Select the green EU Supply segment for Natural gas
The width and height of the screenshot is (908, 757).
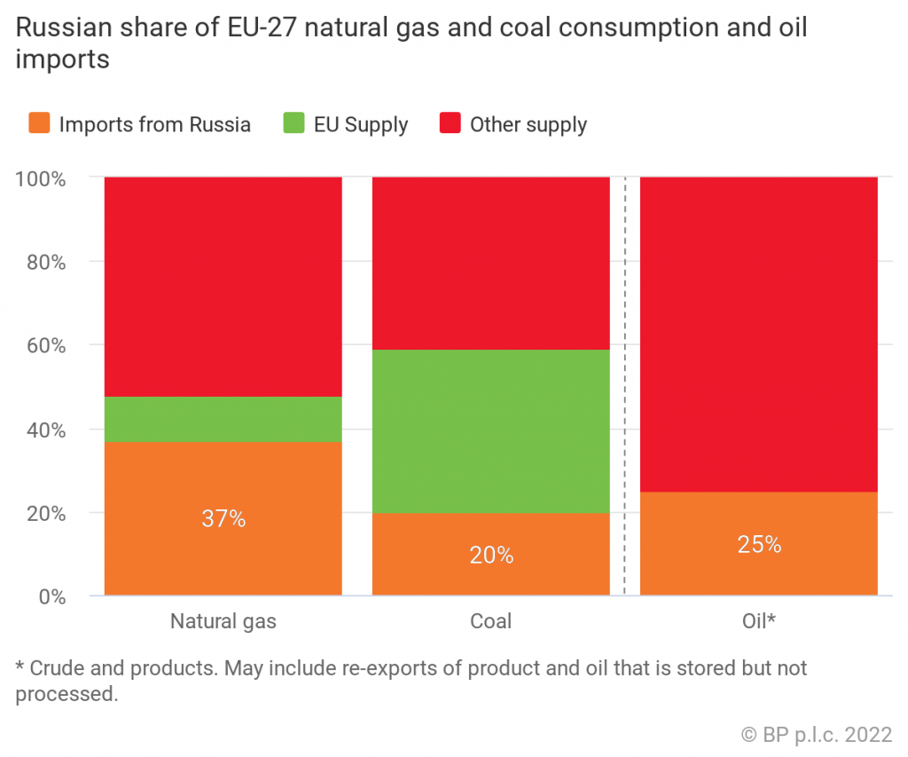coord(223,419)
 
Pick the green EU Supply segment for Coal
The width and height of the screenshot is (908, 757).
coord(490,430)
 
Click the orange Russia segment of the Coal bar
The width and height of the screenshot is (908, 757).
coord(490,577)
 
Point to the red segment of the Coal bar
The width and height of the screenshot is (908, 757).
coord(490,263)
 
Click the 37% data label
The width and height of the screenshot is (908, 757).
coord(223,518)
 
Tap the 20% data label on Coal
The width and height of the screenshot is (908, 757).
coord(490,555)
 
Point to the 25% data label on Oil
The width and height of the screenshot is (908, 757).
coord(758,544)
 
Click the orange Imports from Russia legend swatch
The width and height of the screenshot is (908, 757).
coord(39,124)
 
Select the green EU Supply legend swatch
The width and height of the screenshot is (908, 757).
coord(294,124)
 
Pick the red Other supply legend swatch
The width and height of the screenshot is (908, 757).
coord(450,124)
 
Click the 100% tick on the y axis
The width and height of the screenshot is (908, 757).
coord(41,177)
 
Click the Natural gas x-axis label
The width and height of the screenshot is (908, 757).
coord(223,621)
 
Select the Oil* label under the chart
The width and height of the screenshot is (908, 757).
coord(758,621)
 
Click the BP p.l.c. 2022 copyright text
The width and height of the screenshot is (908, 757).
coord(816,734)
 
